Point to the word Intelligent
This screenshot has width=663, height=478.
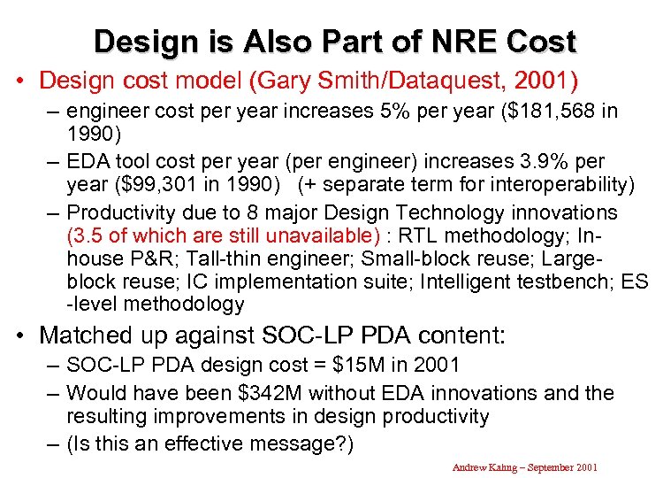(x=467, y=281)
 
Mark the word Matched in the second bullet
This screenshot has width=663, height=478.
(x=88, y=335)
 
